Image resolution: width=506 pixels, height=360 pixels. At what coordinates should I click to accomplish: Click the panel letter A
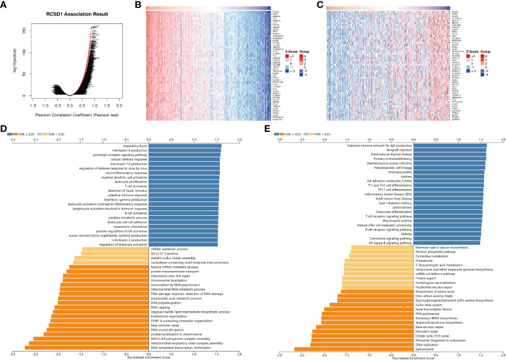tap(5, 6)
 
